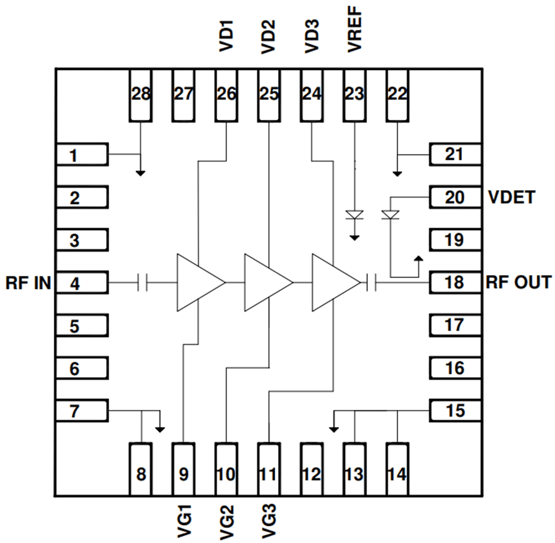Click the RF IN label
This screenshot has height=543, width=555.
coord(28,283)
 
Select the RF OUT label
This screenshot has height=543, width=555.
coord(519,282)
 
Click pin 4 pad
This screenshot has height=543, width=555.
coord(82,283)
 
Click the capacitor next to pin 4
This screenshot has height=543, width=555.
coord(143,283)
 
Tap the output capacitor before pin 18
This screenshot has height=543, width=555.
coord(371,283)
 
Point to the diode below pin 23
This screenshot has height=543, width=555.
coord(354,215)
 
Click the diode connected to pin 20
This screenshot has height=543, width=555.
coord(391,215)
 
